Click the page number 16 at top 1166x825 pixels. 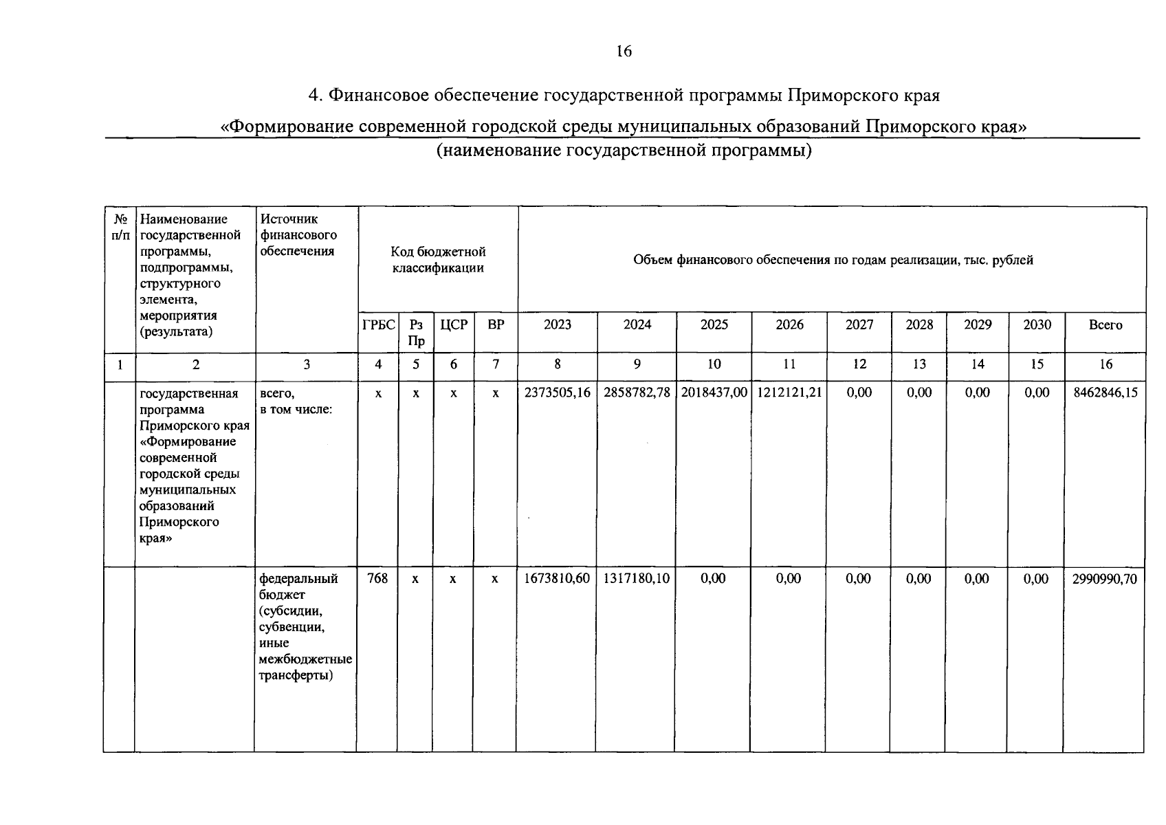click(624, 52)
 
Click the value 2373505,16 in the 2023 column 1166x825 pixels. click(557, 393)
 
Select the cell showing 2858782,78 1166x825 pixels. click(637, 393)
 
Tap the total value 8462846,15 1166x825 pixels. click(1105, 393)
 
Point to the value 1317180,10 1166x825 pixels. click(636, 579)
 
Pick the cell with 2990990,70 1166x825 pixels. click(1104, 579)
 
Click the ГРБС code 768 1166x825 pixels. click(377, 579)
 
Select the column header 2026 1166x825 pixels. click(789, 325)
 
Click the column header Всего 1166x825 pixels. click(1105, 325)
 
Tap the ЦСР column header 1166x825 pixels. click(454, 325)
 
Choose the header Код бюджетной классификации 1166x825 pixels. click(438, 260)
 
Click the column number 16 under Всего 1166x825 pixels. click(1105, 364)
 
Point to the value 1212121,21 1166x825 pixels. click(789, 393)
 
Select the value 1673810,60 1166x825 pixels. click(557, 579)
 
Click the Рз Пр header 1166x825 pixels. click(416, 333)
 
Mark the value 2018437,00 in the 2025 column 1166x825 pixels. click(714, 393)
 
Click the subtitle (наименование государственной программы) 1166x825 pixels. click(624, 151)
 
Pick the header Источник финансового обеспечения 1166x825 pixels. click(298, 235)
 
